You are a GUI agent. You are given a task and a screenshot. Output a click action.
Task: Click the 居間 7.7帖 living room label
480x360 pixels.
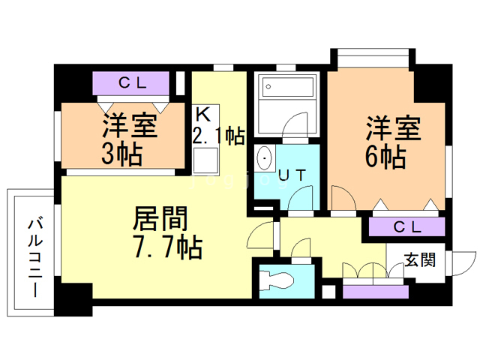point(167,232)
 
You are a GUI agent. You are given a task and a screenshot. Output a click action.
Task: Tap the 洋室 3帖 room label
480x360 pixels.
point(130,139)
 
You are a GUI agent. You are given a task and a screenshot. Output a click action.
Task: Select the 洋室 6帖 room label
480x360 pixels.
point(393,142)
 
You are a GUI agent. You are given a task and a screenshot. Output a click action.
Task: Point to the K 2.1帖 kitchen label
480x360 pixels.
point(218,126)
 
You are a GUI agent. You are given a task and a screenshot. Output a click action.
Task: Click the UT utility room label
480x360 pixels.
point(292,175)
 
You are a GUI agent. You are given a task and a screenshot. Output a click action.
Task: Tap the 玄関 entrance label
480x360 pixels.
point(420,260)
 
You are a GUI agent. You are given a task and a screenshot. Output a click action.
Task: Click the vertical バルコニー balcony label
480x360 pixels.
point(35,257)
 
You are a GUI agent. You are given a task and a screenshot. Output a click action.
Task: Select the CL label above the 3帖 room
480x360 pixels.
point(133,82)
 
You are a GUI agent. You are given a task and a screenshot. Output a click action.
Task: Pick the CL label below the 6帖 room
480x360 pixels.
point(407,226)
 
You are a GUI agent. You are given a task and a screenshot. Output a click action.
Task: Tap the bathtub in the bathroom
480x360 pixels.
point(287,86)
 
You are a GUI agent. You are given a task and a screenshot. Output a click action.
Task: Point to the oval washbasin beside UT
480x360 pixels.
point(264,158)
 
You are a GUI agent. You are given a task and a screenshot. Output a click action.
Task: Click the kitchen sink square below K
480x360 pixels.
point(205,160)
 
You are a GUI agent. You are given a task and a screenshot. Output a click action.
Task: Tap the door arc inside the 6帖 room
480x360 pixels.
point(343,197)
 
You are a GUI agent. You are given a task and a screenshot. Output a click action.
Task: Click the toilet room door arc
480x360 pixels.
point(301,248)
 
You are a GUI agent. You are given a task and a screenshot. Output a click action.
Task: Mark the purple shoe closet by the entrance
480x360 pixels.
point(375,292)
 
